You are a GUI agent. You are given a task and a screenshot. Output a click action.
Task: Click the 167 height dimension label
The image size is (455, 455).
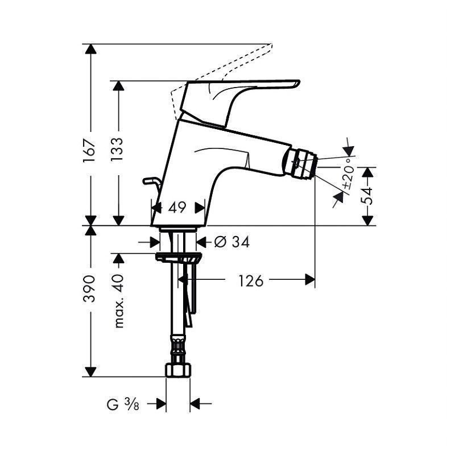coord(89,151)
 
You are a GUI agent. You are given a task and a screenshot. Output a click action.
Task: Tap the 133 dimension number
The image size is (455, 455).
coord(117,149)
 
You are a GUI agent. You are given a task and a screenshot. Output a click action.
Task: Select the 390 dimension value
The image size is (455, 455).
coord(89,289)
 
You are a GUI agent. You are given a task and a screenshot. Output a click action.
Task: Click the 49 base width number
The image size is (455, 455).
coord(177,208)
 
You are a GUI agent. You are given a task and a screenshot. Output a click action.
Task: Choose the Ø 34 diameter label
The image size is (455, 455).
coord(232,242)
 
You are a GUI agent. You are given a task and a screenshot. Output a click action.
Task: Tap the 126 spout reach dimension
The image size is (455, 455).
coord(251,280)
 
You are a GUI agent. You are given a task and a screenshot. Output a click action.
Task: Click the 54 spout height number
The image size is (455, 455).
coord(366,196)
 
